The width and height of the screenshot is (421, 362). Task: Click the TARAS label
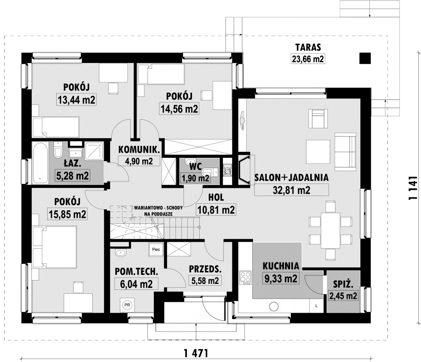308,47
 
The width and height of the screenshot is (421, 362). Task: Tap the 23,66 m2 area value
308,59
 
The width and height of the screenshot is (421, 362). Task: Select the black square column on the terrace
365,58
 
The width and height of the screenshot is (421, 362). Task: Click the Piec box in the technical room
156,250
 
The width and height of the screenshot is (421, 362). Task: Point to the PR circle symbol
127,305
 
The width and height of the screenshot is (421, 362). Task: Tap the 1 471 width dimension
196,353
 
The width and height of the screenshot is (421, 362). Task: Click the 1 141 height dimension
413,188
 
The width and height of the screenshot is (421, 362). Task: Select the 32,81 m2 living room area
292,190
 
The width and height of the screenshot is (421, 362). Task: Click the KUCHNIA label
281,266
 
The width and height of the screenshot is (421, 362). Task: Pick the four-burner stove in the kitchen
245,278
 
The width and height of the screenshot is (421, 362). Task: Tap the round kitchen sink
274,306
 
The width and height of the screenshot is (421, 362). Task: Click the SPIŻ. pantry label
343,284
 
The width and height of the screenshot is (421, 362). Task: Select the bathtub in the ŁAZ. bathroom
40,163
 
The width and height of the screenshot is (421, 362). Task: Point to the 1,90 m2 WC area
195,178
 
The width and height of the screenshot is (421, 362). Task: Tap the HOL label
216,198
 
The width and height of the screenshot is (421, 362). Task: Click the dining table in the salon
330,230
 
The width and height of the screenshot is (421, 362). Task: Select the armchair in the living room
318,118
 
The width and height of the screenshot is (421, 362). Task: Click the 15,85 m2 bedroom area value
67,214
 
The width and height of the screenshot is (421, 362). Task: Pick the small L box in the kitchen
317,306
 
